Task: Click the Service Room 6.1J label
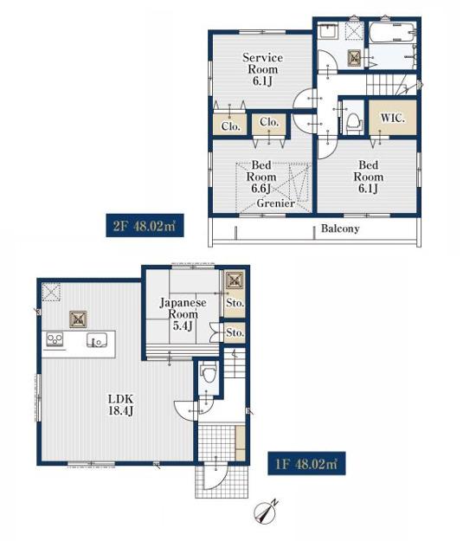[262, 69]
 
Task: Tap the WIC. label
[393, 119]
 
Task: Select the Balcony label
[340, 229]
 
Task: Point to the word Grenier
[275, 203]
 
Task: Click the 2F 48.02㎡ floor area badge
[145, 225]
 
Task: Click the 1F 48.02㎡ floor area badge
[306, 463]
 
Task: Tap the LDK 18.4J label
[120, 405]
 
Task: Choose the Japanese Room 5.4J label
[183, 314]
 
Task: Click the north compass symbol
[267, 511]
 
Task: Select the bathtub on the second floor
[393, 32]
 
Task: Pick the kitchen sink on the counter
[96, 341]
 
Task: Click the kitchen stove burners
[55, 339]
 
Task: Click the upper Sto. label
[235, 303]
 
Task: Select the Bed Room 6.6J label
[261, 177]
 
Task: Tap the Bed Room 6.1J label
[369, 177]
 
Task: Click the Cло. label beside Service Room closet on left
[231, 126]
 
